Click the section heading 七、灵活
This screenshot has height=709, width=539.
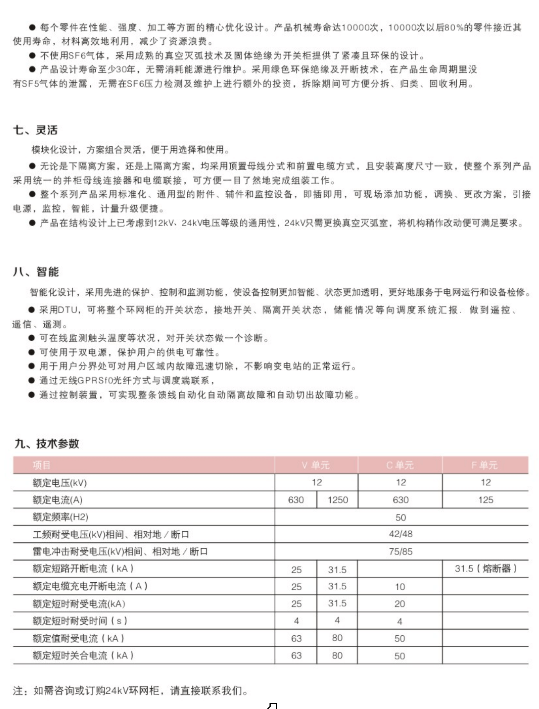35,130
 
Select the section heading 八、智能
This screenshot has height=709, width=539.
36,272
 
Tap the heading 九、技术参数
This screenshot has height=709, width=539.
47,444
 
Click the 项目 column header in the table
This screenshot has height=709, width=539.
42,465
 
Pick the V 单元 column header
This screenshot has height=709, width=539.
316,465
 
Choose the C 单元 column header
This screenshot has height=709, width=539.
400,465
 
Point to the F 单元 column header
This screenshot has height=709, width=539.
485,465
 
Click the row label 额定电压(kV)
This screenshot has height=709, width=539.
60,483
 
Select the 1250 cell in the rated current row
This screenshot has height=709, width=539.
337,500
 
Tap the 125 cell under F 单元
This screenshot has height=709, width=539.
485,500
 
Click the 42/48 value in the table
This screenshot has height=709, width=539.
401,534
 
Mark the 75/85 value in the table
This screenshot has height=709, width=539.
401,551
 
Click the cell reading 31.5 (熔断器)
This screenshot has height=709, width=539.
485,569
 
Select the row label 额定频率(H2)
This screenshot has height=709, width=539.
60,517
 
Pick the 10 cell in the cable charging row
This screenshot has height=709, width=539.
400,587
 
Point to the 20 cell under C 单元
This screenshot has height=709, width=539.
400,604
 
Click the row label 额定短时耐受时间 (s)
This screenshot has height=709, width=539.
80,621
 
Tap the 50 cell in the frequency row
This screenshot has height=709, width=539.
401,517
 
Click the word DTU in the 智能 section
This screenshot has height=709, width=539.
68,310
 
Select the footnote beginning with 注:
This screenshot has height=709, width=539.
130,691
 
